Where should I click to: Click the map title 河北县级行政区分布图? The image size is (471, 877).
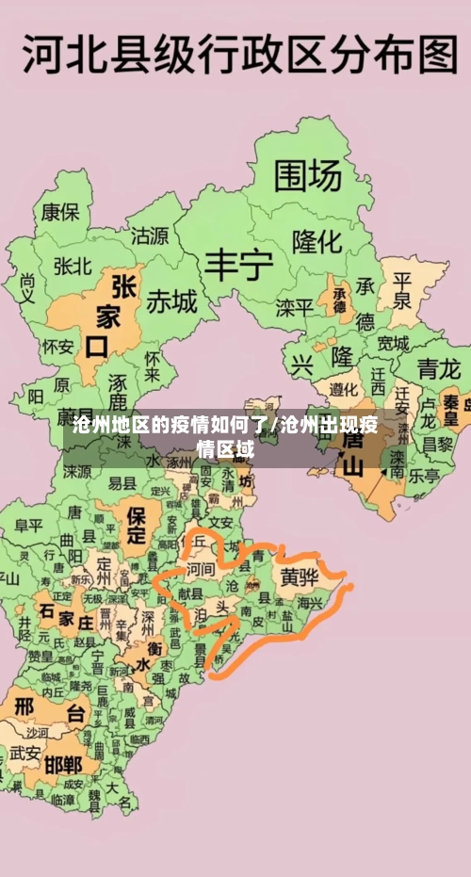239,55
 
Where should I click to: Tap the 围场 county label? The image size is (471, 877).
307,175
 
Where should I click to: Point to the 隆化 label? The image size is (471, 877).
317,241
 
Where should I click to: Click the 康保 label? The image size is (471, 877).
59,212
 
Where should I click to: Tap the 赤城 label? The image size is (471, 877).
171,301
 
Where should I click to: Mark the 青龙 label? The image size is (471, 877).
439,366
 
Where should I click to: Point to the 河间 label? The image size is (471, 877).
200,570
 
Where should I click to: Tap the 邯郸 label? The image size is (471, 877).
63,764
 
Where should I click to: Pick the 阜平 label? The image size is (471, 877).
29,525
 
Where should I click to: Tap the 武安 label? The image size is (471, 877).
25,753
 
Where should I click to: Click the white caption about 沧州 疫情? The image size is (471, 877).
225,436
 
